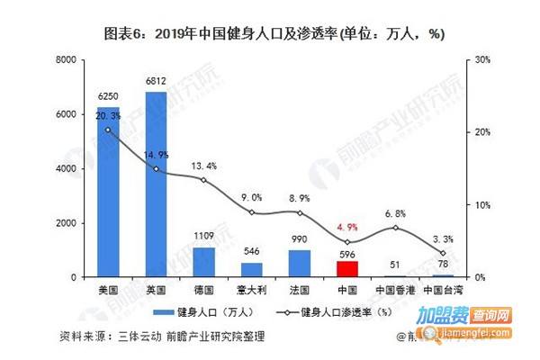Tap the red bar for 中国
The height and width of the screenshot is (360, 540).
pos(347,268)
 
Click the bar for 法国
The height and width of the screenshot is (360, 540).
pos(300,263)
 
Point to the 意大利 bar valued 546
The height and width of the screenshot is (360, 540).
pos(252,269)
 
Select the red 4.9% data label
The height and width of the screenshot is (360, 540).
pos(347,227)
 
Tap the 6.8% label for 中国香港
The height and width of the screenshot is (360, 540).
pos(395,213)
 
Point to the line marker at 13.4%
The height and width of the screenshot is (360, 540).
pos(203,180)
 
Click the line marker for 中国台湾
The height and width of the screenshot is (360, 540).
pos(443,253)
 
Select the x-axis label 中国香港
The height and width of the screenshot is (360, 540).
pos(395,291)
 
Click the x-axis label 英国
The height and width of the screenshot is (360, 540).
pos(156,291)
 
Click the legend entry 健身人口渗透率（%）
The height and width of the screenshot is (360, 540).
pos(338,312)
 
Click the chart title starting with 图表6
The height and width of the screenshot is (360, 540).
pos(270,33)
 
